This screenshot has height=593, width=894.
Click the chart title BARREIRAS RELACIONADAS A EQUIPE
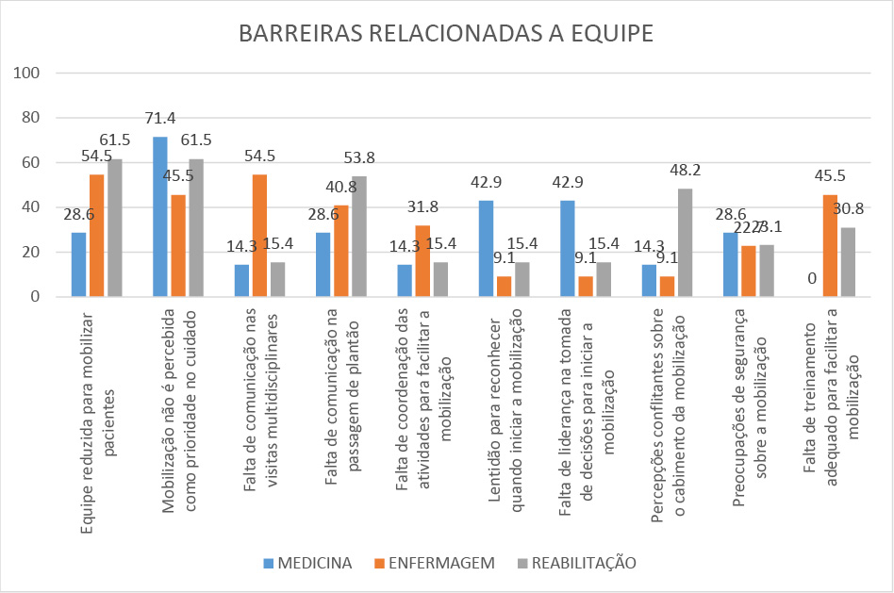click(x=446, y=34)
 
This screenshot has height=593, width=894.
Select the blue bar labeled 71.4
click(x=160, y=217)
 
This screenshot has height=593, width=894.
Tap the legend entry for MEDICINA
click(x=308, y=564)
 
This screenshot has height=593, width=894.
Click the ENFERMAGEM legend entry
click(x=435, y=564)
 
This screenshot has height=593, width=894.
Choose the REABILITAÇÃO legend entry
click(x=577, y=564)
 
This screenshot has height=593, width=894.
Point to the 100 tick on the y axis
click(x=26, y=74)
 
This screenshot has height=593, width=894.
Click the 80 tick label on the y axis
click(x=30, y=118)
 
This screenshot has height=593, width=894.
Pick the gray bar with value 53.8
click(x=359, y=237)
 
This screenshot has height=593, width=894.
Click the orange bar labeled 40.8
click(x=341, y=251)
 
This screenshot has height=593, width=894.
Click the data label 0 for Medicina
click(x=812, y=278)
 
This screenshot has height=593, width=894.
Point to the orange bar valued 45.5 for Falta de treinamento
click(x=830, y=245)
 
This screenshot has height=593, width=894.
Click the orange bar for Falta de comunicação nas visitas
click(x=259, y=236)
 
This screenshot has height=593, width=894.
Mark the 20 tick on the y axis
click(x=30, y=252)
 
